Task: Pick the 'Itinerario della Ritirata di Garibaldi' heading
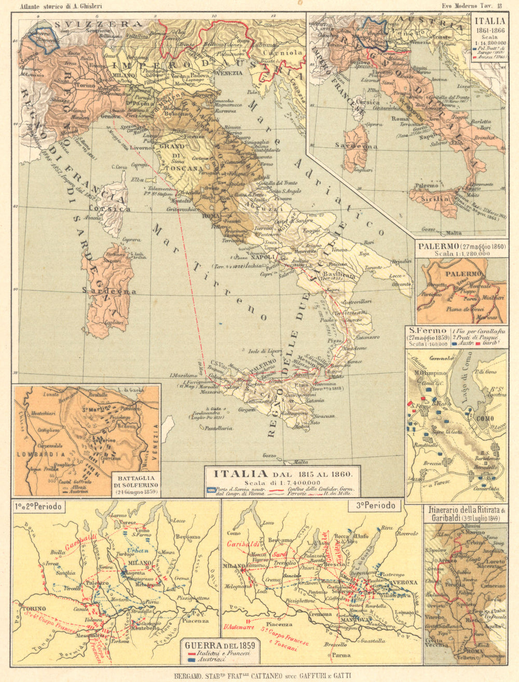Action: click(465, 514)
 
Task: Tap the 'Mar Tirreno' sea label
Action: click(208, 270)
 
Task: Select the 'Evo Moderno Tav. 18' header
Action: click(472, 6)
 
